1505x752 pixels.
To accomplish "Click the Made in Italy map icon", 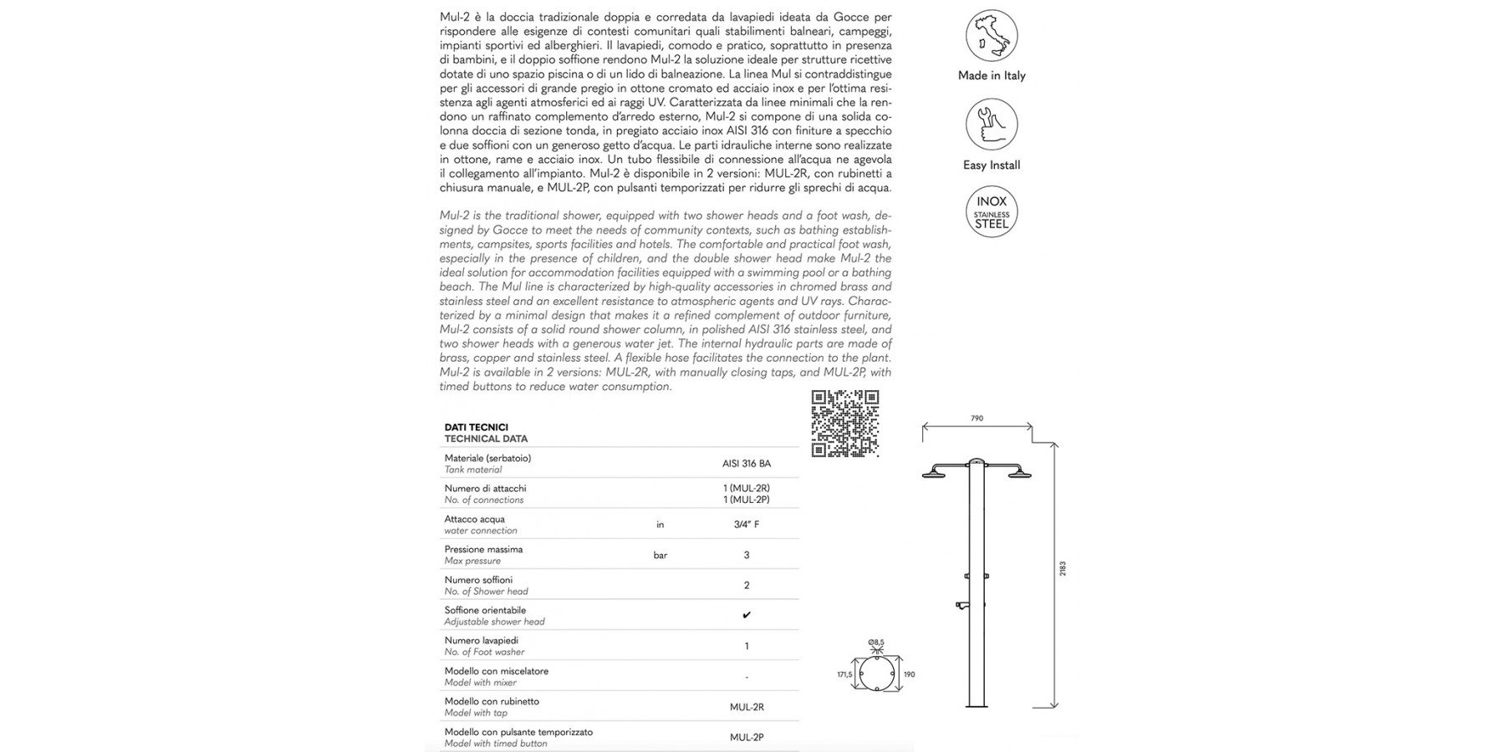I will [x=992, y=36].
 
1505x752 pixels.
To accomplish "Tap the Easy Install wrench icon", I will [x=992, y=124].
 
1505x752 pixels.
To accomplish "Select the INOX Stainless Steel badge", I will [x=992, y=212].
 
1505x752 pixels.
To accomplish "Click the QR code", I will [x=845, y=424].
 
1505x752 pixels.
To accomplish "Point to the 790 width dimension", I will [x=977, y=419].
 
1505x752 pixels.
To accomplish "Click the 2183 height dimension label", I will [x=1063, y=569].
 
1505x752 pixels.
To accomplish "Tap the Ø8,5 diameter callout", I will [x=876, y=643].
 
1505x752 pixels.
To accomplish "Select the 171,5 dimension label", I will [x=844, y=674].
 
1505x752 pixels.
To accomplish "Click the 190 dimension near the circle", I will [x=909, y=674].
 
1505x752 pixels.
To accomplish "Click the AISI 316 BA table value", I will [x=747, y=464].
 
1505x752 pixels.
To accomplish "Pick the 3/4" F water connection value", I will [x=747, y=525].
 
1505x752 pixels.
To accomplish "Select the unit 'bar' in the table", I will [x=660, y=555].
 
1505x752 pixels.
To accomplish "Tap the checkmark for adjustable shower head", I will [x=747, y=616].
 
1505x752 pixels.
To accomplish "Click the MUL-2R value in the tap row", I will [x=747, y=707].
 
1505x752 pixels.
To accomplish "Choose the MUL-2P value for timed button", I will [x=747, y=737].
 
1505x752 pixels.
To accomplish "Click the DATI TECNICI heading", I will [x=477, y=428].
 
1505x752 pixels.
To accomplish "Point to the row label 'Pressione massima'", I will [x=483, y=550].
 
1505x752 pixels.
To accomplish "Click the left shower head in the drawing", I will [x=933, y=475].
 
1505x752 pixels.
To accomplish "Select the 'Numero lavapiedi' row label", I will [x=482, y=641].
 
